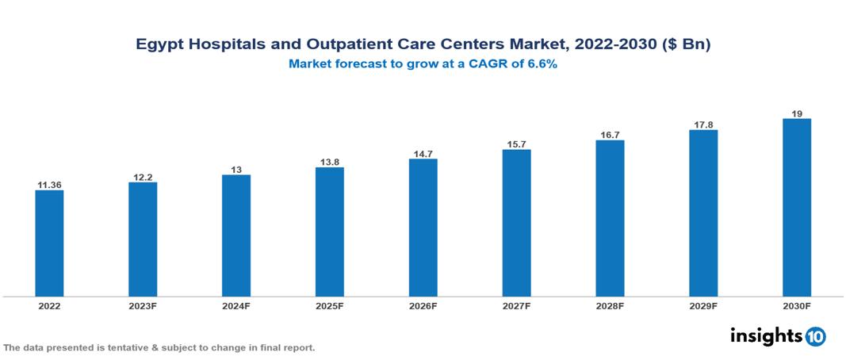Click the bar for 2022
[x=49, y=243]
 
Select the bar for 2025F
[x=329, y=232]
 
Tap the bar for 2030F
[x=796, y=208]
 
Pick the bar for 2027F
[x=516, y=223]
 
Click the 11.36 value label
[x=49, y=185]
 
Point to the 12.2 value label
[x=143, y=177]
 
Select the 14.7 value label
[x=423, y=153]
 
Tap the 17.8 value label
[x=703, y=124]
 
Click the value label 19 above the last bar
[x=796, y=113]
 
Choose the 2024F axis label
[x=236, y=305]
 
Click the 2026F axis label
[x=423, y=305]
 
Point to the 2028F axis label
[x=610, y=305]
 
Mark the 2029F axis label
[x=703, y=305]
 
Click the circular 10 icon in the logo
[x=816, y=336]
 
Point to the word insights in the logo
[x=766, y=335]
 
